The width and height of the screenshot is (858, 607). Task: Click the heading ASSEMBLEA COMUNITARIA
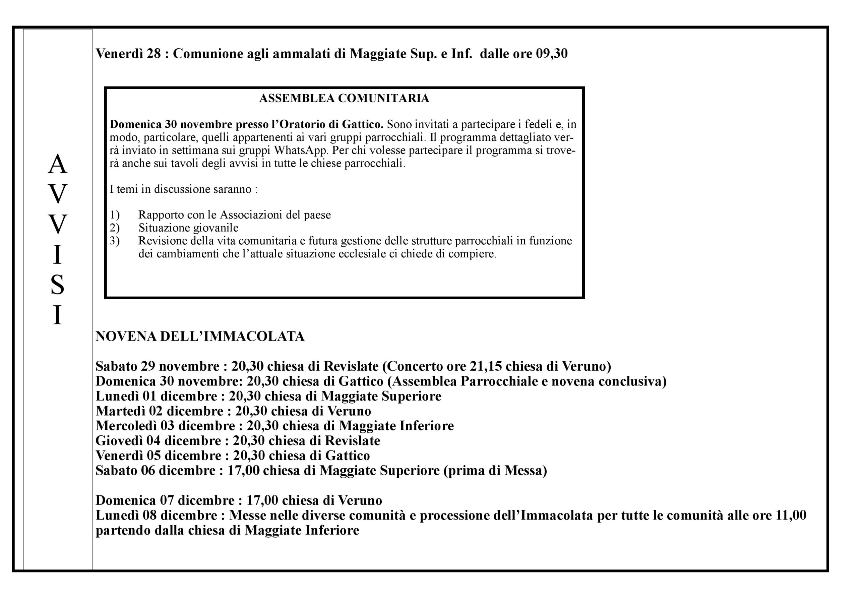(x=344, y=98)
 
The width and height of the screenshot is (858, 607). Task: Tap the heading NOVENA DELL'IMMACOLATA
(x=200, y=337)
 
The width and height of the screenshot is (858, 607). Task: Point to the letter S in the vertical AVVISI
(x=57, y=285)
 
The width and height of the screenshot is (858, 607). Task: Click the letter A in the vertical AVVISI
(x=57, y=165)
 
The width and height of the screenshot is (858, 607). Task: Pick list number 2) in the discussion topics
(x=114, y=228)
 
